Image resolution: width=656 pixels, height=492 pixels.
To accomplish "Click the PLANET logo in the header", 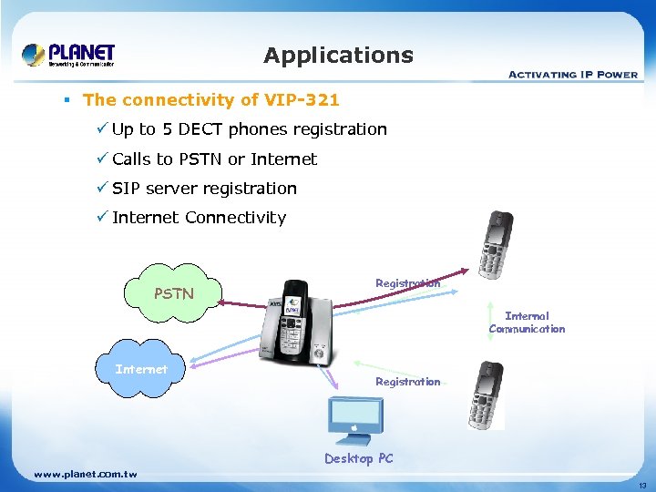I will (69, 55).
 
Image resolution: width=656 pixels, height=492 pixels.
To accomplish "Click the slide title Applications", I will (338, 56).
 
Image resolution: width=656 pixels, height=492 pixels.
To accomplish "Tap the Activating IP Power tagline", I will (572, 74).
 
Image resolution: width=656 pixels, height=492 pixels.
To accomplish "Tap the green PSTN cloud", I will (173, 294).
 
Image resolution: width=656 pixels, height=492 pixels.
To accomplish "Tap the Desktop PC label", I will (359, 458).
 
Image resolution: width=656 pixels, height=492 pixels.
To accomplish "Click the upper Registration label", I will (407, 283).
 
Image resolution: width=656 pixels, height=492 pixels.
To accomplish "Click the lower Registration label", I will (407, 382).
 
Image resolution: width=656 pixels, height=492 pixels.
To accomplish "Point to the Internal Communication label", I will (527, 323).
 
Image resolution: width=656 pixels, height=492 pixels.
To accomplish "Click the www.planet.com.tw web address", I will (85, 475).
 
